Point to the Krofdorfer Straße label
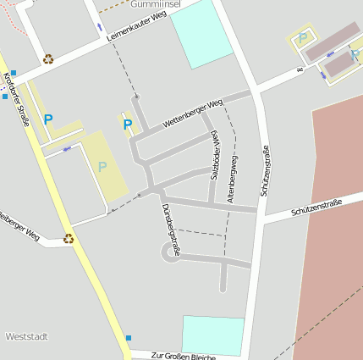(16, 99)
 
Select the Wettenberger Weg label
(192, 114)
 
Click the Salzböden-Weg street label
(214, 154)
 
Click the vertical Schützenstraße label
(264, 169)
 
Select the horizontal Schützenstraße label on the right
(316, 207)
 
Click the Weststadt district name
(26, 336)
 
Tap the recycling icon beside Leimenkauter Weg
(48, 59)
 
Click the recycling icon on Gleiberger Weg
(69, 239)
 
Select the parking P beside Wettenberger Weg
(128, 125)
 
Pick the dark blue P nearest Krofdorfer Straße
(48, 120)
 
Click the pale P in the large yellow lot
(102, 167)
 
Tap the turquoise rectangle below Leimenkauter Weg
(201, 34)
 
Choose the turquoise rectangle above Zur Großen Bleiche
(213, 335)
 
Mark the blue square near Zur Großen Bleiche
(129, 338)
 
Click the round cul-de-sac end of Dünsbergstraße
(170, 252)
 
